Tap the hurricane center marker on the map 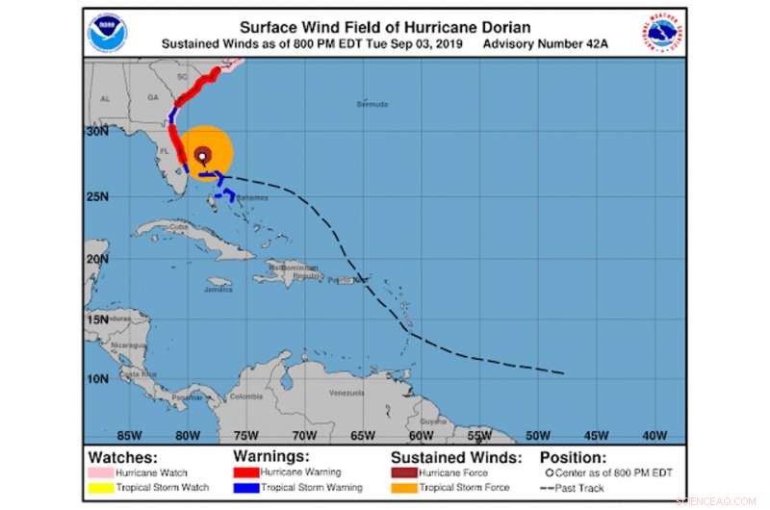tap(202, 157)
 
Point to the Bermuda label tap(372, 103)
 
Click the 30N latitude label tap(96, 133)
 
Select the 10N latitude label tap(96, 378)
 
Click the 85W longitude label tap(129, 435)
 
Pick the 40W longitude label tap(655, 435)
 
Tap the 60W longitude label tap(422, 435)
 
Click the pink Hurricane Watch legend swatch tap(99, 473)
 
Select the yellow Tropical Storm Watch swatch tap(99, 487)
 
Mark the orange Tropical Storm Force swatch tap(402, 487)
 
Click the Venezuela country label tap(346, 394)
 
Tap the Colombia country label tap(246, 396)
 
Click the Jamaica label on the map tap(218, 289)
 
